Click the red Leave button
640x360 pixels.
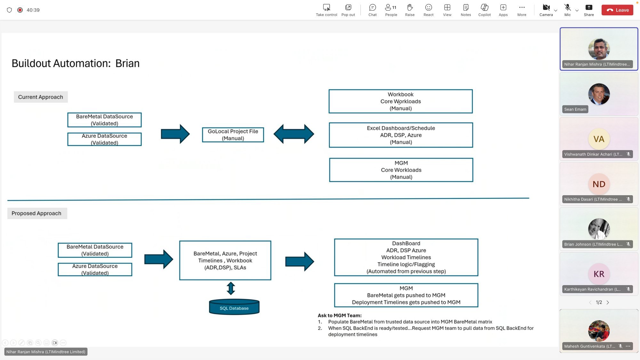click(x=617, y=10)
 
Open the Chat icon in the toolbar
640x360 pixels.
click(x=372, y=10)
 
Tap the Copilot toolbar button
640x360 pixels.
click(x=484, y=10)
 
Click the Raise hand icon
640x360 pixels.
click(x=410, y=10)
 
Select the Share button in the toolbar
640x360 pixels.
click(x=588, y=10)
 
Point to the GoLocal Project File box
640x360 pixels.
click(x=233, y=135)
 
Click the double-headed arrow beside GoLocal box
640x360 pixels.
click(x=293, y=134)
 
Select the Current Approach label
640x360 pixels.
click(x=41, y=97)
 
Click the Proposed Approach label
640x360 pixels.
click(x=36, y=213)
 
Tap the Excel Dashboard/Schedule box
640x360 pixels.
click(x=401, y=135)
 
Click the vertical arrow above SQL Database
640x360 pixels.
click(x=231, y=288)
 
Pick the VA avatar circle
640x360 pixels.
click(x=599, y=139)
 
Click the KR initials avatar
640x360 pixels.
click(x=599, y=274)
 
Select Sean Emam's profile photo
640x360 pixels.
click(x=599, y=94)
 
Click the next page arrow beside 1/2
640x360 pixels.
click(x=608, y=302)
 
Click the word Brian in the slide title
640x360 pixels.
click(x=127, y=63)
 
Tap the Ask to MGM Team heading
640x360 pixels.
click(x=340, y=316)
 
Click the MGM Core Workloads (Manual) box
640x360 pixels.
click(x=401, y=170)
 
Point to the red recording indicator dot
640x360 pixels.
click(x=20, y=10)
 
